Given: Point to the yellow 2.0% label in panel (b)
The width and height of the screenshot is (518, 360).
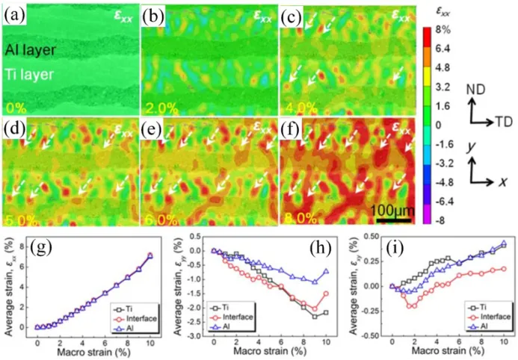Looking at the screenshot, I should pyautogui.click(x=161, y=103).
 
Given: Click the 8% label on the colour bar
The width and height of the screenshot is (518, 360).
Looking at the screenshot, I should pyautogui.click(x=440, y=31).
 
